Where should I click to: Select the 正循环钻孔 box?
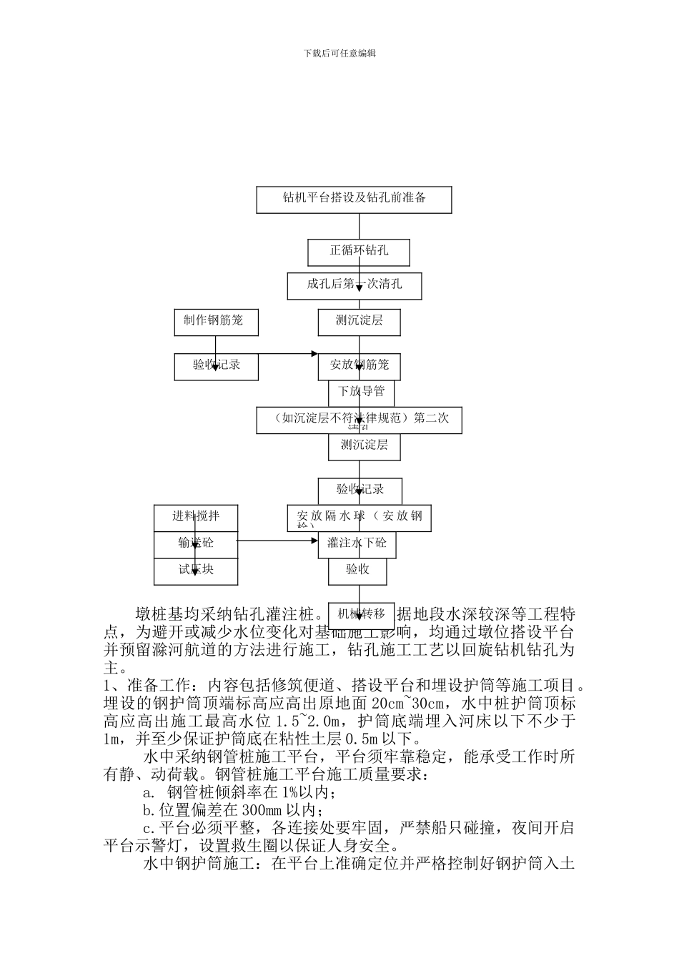point(359,252)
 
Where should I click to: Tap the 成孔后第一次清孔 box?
point(355,285)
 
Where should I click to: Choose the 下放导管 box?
point(361,392)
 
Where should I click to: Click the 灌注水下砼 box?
point(357,543)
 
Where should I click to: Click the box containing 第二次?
point(359,420)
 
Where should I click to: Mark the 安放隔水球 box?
point(360,518)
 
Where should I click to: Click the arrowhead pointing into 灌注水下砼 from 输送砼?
point(314,541)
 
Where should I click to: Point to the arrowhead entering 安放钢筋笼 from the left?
point(313,354)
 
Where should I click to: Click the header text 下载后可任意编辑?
point(339,53)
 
